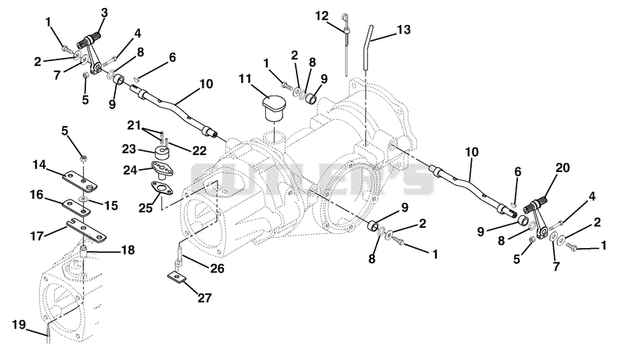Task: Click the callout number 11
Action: coord(245,78)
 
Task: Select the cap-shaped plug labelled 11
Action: coord(273,107)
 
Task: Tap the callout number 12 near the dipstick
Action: coord(322,16)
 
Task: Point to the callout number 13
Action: coord(404,30)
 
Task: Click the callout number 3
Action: coord(104,13)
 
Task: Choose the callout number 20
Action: coord(563,168)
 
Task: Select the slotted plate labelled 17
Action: coord(86,231)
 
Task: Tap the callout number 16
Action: coord(36,195)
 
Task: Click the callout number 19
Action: coord(19,325)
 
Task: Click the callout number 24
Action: coord(130,171)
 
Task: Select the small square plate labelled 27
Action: coord(177,277)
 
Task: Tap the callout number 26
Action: coord(218,268)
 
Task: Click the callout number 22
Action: coord(200,150)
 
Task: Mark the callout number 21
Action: coord(134,126)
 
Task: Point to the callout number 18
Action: coord(128,250)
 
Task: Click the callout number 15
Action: coord(111,206)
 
